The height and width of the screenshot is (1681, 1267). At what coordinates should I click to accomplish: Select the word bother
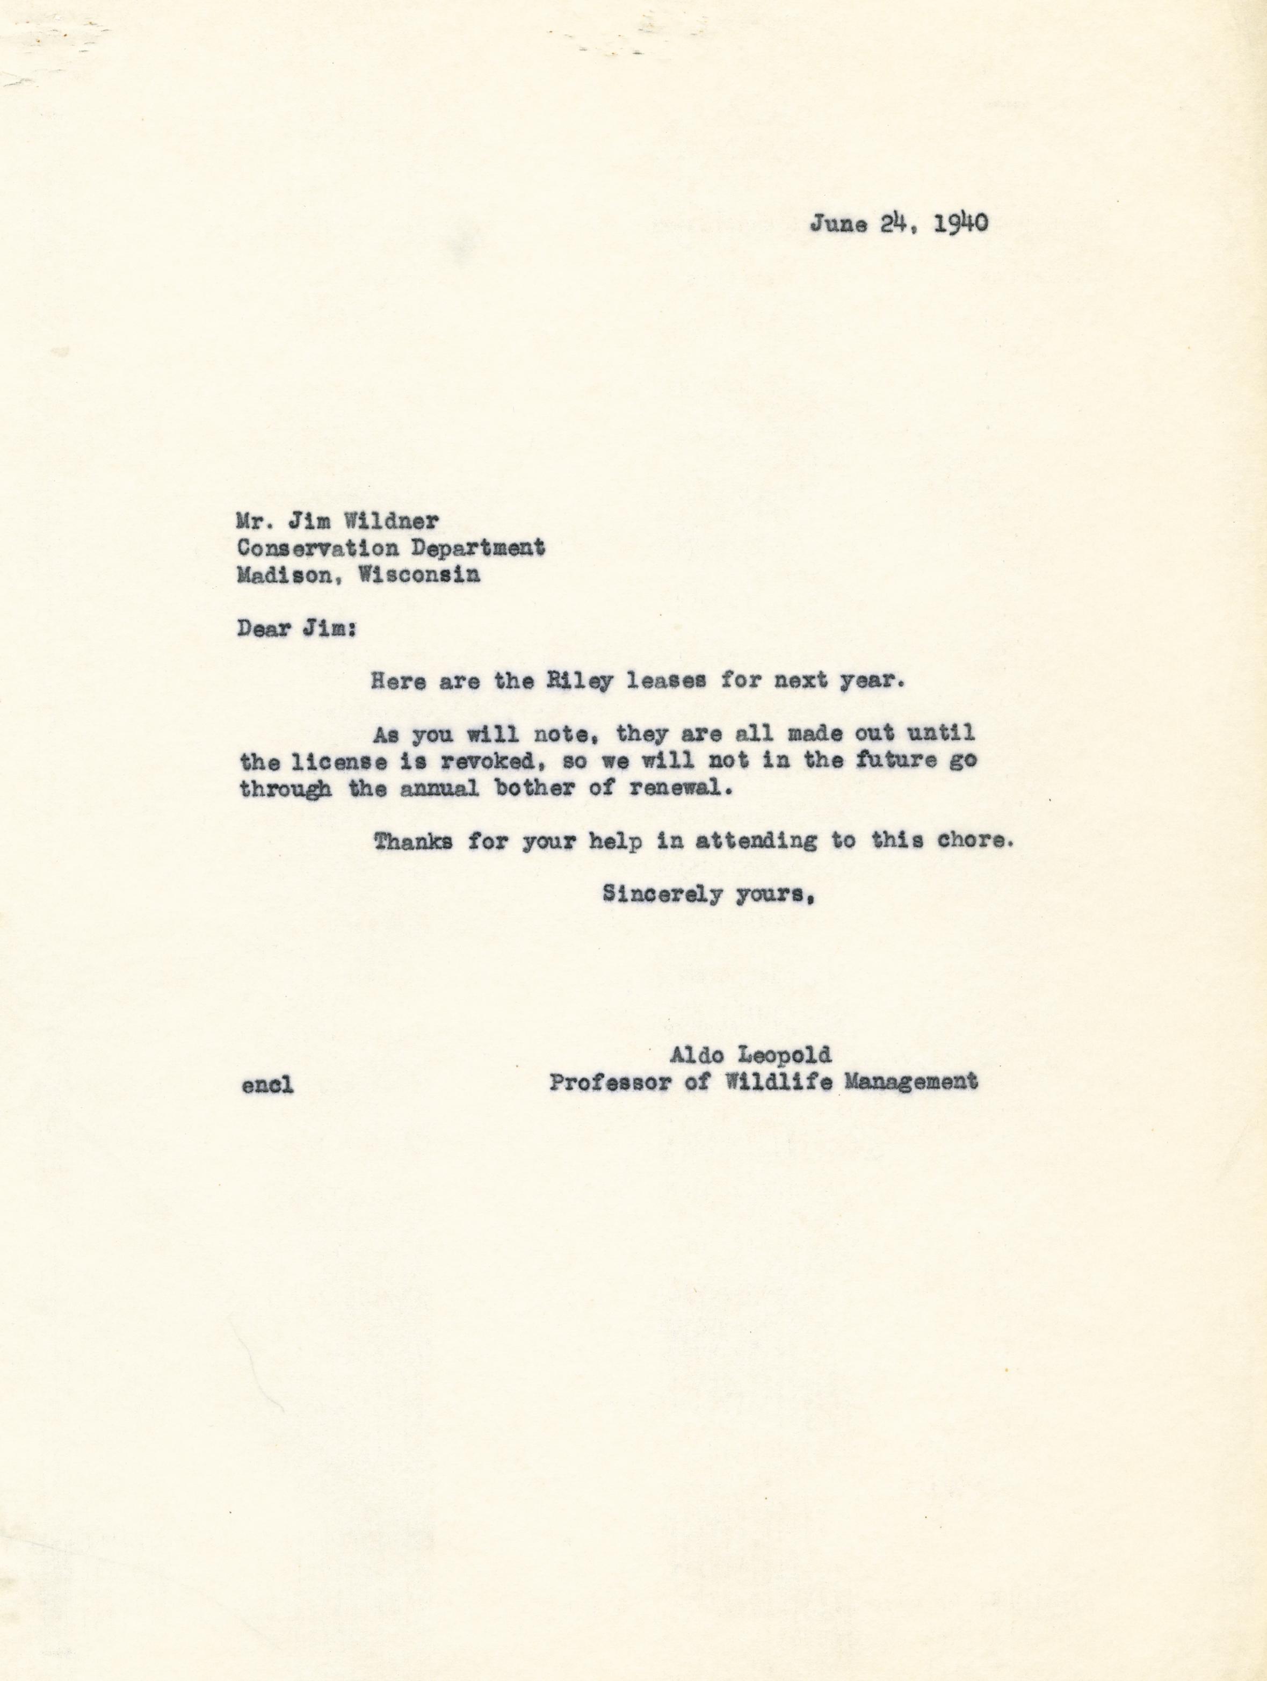point(539,789)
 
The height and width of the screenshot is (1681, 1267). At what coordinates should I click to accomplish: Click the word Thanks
point(413,842)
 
